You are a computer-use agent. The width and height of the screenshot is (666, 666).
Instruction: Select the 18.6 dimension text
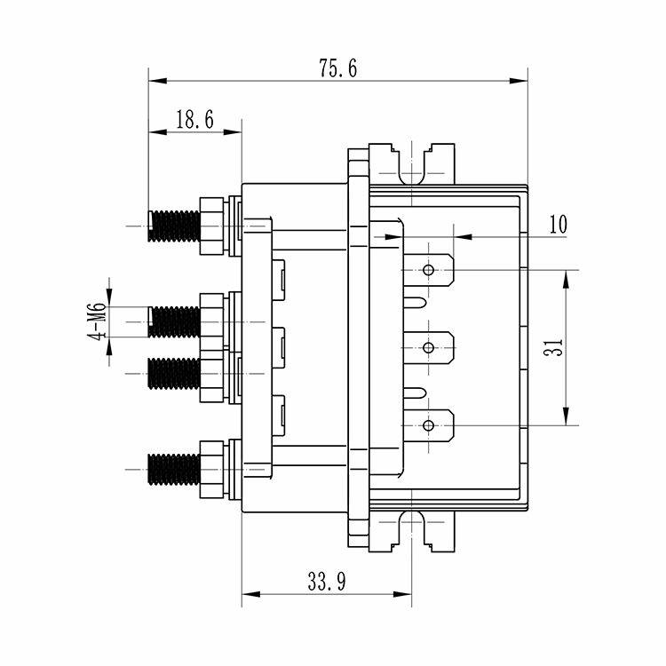point(193,121)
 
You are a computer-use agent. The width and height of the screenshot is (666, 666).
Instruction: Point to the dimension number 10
point(557,224)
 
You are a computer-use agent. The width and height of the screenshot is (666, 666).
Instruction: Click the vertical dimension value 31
point(552,348)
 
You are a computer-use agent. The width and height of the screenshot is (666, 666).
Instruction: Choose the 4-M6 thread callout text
point(98,321)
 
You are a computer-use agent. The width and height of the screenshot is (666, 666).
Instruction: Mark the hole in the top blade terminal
point(429,269)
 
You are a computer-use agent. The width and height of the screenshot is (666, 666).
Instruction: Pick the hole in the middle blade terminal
point(429,347)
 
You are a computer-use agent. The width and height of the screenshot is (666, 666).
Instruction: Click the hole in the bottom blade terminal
point(429,426)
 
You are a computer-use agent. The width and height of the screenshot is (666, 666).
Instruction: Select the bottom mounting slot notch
point(411,527)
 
